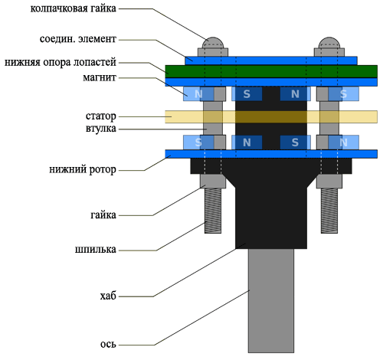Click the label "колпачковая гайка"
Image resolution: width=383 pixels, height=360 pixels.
click(x=73, y=8)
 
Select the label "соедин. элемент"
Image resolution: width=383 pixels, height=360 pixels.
click(x=78, y=39)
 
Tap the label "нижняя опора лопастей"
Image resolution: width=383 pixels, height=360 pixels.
click(x=61, y=63)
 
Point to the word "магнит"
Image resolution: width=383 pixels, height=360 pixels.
click(x=100, y=77)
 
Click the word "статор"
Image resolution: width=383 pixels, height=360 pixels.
click(x=101, y=116)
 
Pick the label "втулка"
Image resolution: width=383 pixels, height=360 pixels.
click(x=101, y=129)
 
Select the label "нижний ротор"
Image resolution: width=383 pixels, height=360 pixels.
click(x=83, y=170)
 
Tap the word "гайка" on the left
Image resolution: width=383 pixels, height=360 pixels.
click(x=103, y=215)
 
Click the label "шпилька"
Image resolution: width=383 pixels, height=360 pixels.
click(x=96, y=250)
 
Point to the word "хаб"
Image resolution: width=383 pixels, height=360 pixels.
click(x=108, y=296)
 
